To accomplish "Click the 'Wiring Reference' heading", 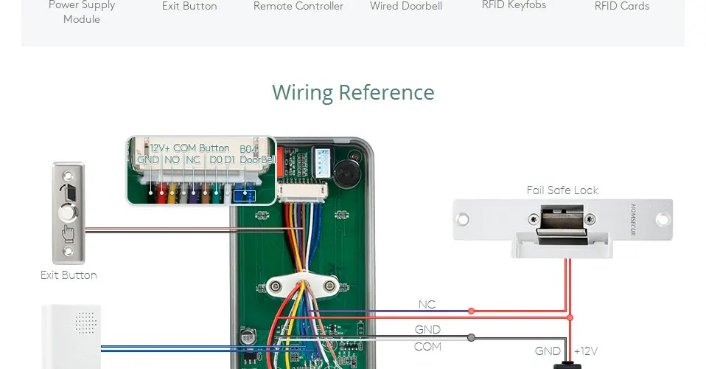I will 353,93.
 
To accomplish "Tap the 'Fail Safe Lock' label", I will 562,190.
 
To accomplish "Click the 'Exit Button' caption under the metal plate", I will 69,275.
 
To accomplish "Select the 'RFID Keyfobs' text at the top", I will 513,5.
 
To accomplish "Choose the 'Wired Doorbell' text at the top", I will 405,7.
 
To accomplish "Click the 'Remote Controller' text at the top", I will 298,7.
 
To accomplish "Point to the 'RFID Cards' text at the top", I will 622,7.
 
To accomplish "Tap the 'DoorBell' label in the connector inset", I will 257,159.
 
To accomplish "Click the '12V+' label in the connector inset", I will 160,148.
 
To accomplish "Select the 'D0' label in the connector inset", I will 215,159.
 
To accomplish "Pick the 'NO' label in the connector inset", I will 172,159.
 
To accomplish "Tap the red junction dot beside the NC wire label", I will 472,311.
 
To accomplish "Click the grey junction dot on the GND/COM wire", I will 472,338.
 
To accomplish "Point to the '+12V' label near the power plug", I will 587,351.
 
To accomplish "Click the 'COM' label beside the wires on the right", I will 427,347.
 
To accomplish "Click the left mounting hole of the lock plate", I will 463,219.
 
